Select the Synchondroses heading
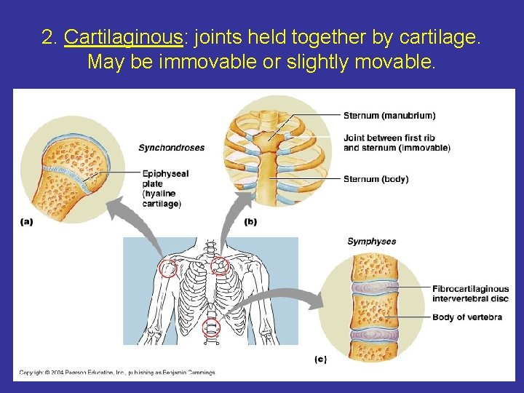click(x=172, y=148)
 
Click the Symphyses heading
click(x=371, y=242)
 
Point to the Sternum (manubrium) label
click(x=389, y=115)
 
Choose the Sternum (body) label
click(x=376, y=179)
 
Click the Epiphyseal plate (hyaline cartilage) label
click(x=162, y=188)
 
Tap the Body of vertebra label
click(x=467, y=317)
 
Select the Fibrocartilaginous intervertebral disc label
click(x=470, y=293)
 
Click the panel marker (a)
click(x=27, y=222)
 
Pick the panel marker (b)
click(x=251, y=222)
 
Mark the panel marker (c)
click(x=320, y=360)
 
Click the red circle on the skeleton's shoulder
click(x=168, y=270)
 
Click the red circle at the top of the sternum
click(x=219, y=268)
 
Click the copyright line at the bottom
click(x=117, y=373)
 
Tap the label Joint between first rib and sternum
click(x=396, y=143)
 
